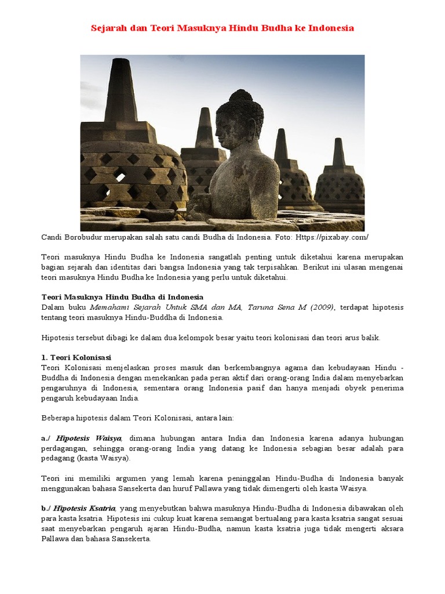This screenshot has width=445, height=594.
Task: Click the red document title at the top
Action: [x=222, y=27]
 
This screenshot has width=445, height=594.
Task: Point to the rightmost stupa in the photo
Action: [x=340, y=180]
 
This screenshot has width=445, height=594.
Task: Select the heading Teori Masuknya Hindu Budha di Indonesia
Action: [x=122, y=297]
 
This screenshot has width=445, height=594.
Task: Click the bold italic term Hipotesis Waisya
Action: [x=89, y=437]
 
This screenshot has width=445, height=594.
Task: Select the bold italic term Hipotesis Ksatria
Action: [x=85, y=508]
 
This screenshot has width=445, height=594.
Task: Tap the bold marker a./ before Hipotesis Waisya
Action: [x=46, y=437]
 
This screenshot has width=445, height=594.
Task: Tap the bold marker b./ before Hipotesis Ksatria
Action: [x=46, y=508]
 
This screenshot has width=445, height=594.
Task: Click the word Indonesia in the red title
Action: [x=331, y=27]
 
